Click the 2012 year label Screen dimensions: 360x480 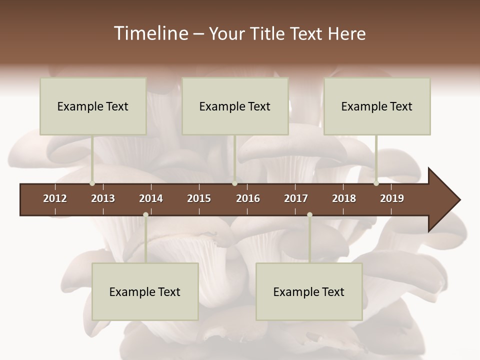55,198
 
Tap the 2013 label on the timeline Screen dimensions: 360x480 103,198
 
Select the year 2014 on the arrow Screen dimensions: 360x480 151,198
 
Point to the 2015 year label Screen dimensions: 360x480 199,198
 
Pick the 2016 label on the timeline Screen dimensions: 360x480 248,198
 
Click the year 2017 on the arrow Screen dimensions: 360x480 296,198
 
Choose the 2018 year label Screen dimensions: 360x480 344,198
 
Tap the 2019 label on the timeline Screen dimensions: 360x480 392,198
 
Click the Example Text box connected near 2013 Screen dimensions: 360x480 93,106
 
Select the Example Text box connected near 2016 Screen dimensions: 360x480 235,106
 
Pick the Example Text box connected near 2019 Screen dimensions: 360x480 377,106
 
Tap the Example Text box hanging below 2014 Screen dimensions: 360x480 145,291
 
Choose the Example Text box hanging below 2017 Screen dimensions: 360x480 309,291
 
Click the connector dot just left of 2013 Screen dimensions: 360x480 92,183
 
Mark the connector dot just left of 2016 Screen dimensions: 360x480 234,183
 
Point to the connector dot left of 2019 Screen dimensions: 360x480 376,183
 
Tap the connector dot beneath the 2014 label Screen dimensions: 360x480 145,215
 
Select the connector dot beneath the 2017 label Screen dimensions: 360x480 309,215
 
